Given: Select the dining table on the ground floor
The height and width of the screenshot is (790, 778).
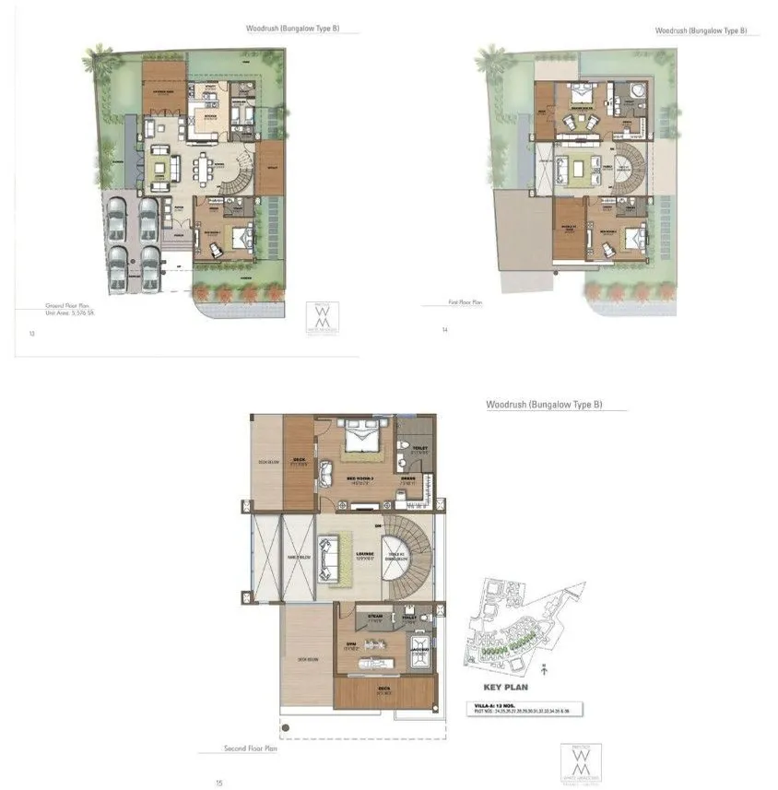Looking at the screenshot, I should (207, 169).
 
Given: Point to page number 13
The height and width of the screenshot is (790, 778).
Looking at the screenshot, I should (32, 334).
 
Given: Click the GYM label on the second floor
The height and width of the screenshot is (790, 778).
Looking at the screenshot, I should (351, 643).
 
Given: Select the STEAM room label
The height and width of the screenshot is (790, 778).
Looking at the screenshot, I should (375, 615).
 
